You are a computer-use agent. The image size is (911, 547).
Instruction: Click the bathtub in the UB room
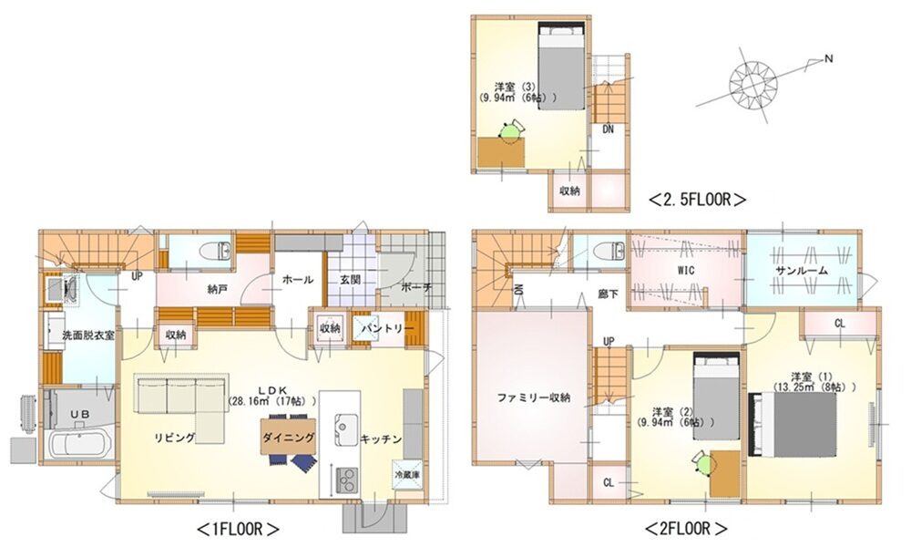tap(79, 445)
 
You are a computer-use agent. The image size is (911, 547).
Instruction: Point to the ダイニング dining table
tap(288, 437)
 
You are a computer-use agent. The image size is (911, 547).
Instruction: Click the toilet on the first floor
tap(216, 251)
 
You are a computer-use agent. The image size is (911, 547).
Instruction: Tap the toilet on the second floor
tap(610, 251)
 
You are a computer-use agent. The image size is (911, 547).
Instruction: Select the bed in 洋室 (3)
tap(560, 64)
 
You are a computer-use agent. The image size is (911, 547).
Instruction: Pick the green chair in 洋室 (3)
tap(511, 132)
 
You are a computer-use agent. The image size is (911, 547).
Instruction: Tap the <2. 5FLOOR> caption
tap(697, 200)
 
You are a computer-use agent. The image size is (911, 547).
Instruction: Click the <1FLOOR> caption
tap(239, 529)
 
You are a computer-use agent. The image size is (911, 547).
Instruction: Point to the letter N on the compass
tap(829, 58)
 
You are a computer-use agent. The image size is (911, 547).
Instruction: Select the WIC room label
tap(686, 271)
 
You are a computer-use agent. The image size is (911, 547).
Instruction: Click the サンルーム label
tap(801, 271)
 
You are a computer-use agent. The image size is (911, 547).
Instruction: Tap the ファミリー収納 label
tap(533, 398)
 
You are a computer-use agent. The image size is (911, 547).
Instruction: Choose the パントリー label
tap(387, 328)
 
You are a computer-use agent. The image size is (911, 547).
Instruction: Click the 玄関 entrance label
tap(351, 280)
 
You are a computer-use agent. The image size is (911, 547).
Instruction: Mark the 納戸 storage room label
tap(217, 289)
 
